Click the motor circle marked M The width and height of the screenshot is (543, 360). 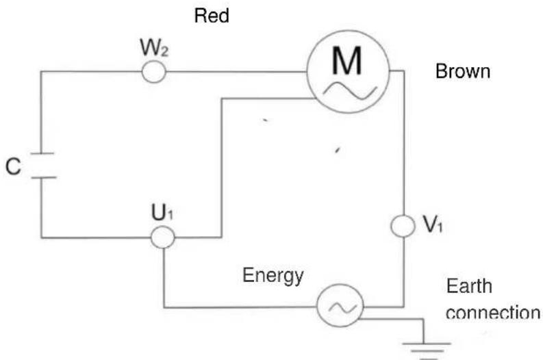click(x=348, y=70)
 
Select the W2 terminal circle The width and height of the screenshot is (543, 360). click(x=154, y=71)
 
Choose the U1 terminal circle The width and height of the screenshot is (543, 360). click(x=162, y=237)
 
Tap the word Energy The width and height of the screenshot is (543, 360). click(x=273, y=276)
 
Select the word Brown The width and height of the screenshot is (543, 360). click(x=463, y=72)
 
